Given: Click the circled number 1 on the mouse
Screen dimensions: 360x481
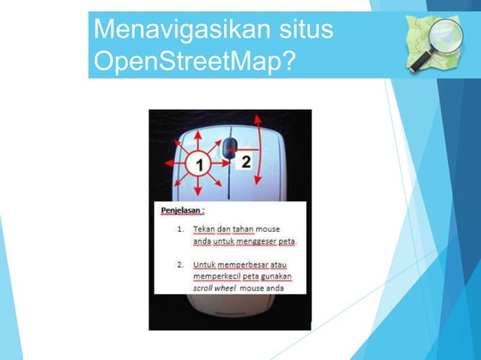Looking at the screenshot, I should tap(198, 163).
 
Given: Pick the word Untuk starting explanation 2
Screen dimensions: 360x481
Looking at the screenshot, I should tap(205, 266).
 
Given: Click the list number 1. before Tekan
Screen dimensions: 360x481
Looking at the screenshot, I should tap(180, 228).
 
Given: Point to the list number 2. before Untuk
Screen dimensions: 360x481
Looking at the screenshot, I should tap(180, 266).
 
